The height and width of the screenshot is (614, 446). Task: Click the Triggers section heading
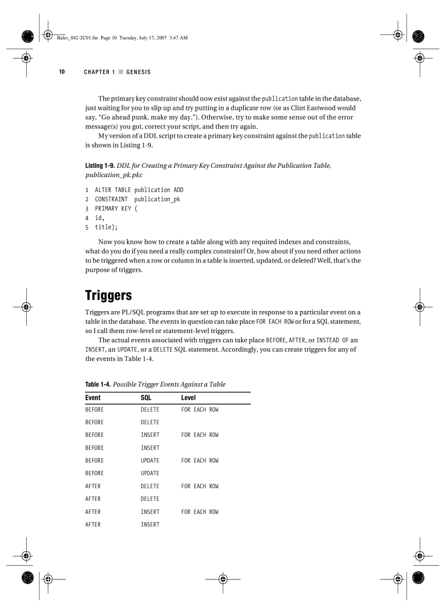point(108,296)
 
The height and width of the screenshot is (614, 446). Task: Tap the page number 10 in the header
point(62,72)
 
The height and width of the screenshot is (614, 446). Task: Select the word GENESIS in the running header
point(138,72)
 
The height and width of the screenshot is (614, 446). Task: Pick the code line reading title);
point(106,227)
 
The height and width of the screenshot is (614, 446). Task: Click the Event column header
point(93,397)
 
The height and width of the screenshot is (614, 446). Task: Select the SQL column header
point(146,397)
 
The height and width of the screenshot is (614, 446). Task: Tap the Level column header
point(188,397)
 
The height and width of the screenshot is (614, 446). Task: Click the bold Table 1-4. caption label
point(98,384)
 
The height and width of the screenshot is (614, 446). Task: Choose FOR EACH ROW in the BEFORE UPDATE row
point(199,460)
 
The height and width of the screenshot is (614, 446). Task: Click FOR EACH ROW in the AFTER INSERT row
point(199,512)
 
